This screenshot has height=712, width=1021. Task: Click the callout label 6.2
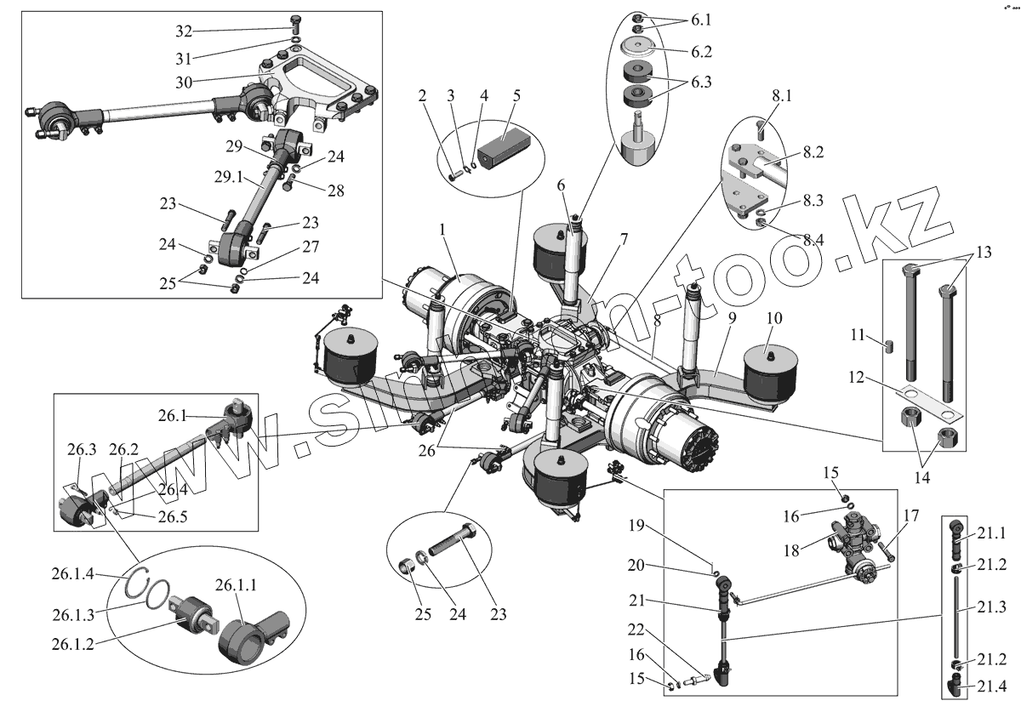701,52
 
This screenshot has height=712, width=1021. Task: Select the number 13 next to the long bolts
984,252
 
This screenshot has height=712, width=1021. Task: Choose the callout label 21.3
991,607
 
